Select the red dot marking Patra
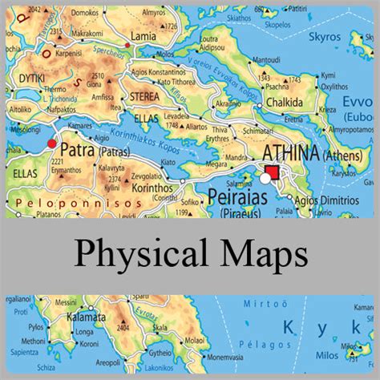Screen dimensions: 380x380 53,144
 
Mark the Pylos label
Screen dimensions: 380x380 37,328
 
